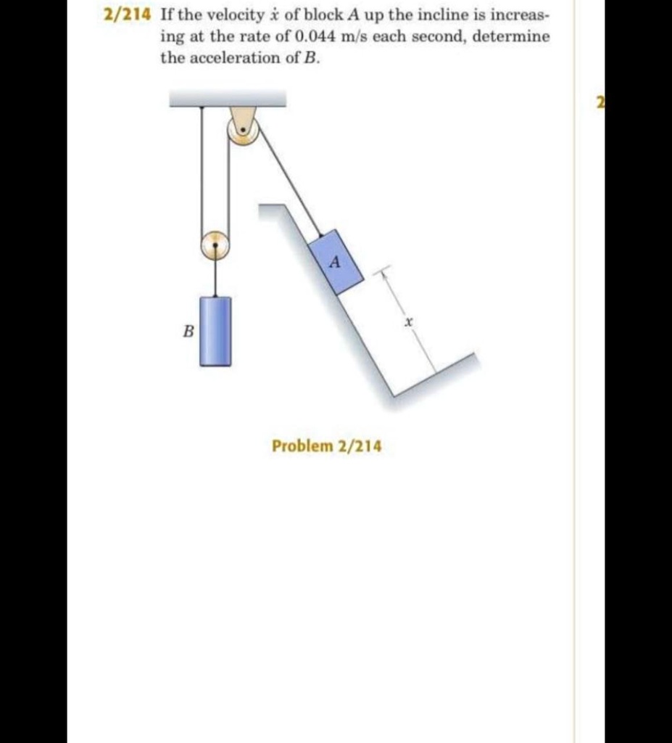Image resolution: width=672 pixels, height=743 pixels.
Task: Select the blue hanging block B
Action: tap(215, 331)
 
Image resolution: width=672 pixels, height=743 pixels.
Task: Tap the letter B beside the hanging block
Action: tap(187, 332)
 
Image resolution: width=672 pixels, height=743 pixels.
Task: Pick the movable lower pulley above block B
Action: tap(215, 245)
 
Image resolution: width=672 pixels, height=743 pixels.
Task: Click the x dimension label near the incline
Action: tap(408, 320)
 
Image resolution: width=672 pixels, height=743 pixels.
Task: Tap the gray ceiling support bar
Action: tap(228, 98)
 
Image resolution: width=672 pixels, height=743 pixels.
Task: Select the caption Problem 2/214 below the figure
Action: tap(326, 446)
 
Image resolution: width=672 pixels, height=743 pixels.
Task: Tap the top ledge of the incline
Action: tap(272, 209)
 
